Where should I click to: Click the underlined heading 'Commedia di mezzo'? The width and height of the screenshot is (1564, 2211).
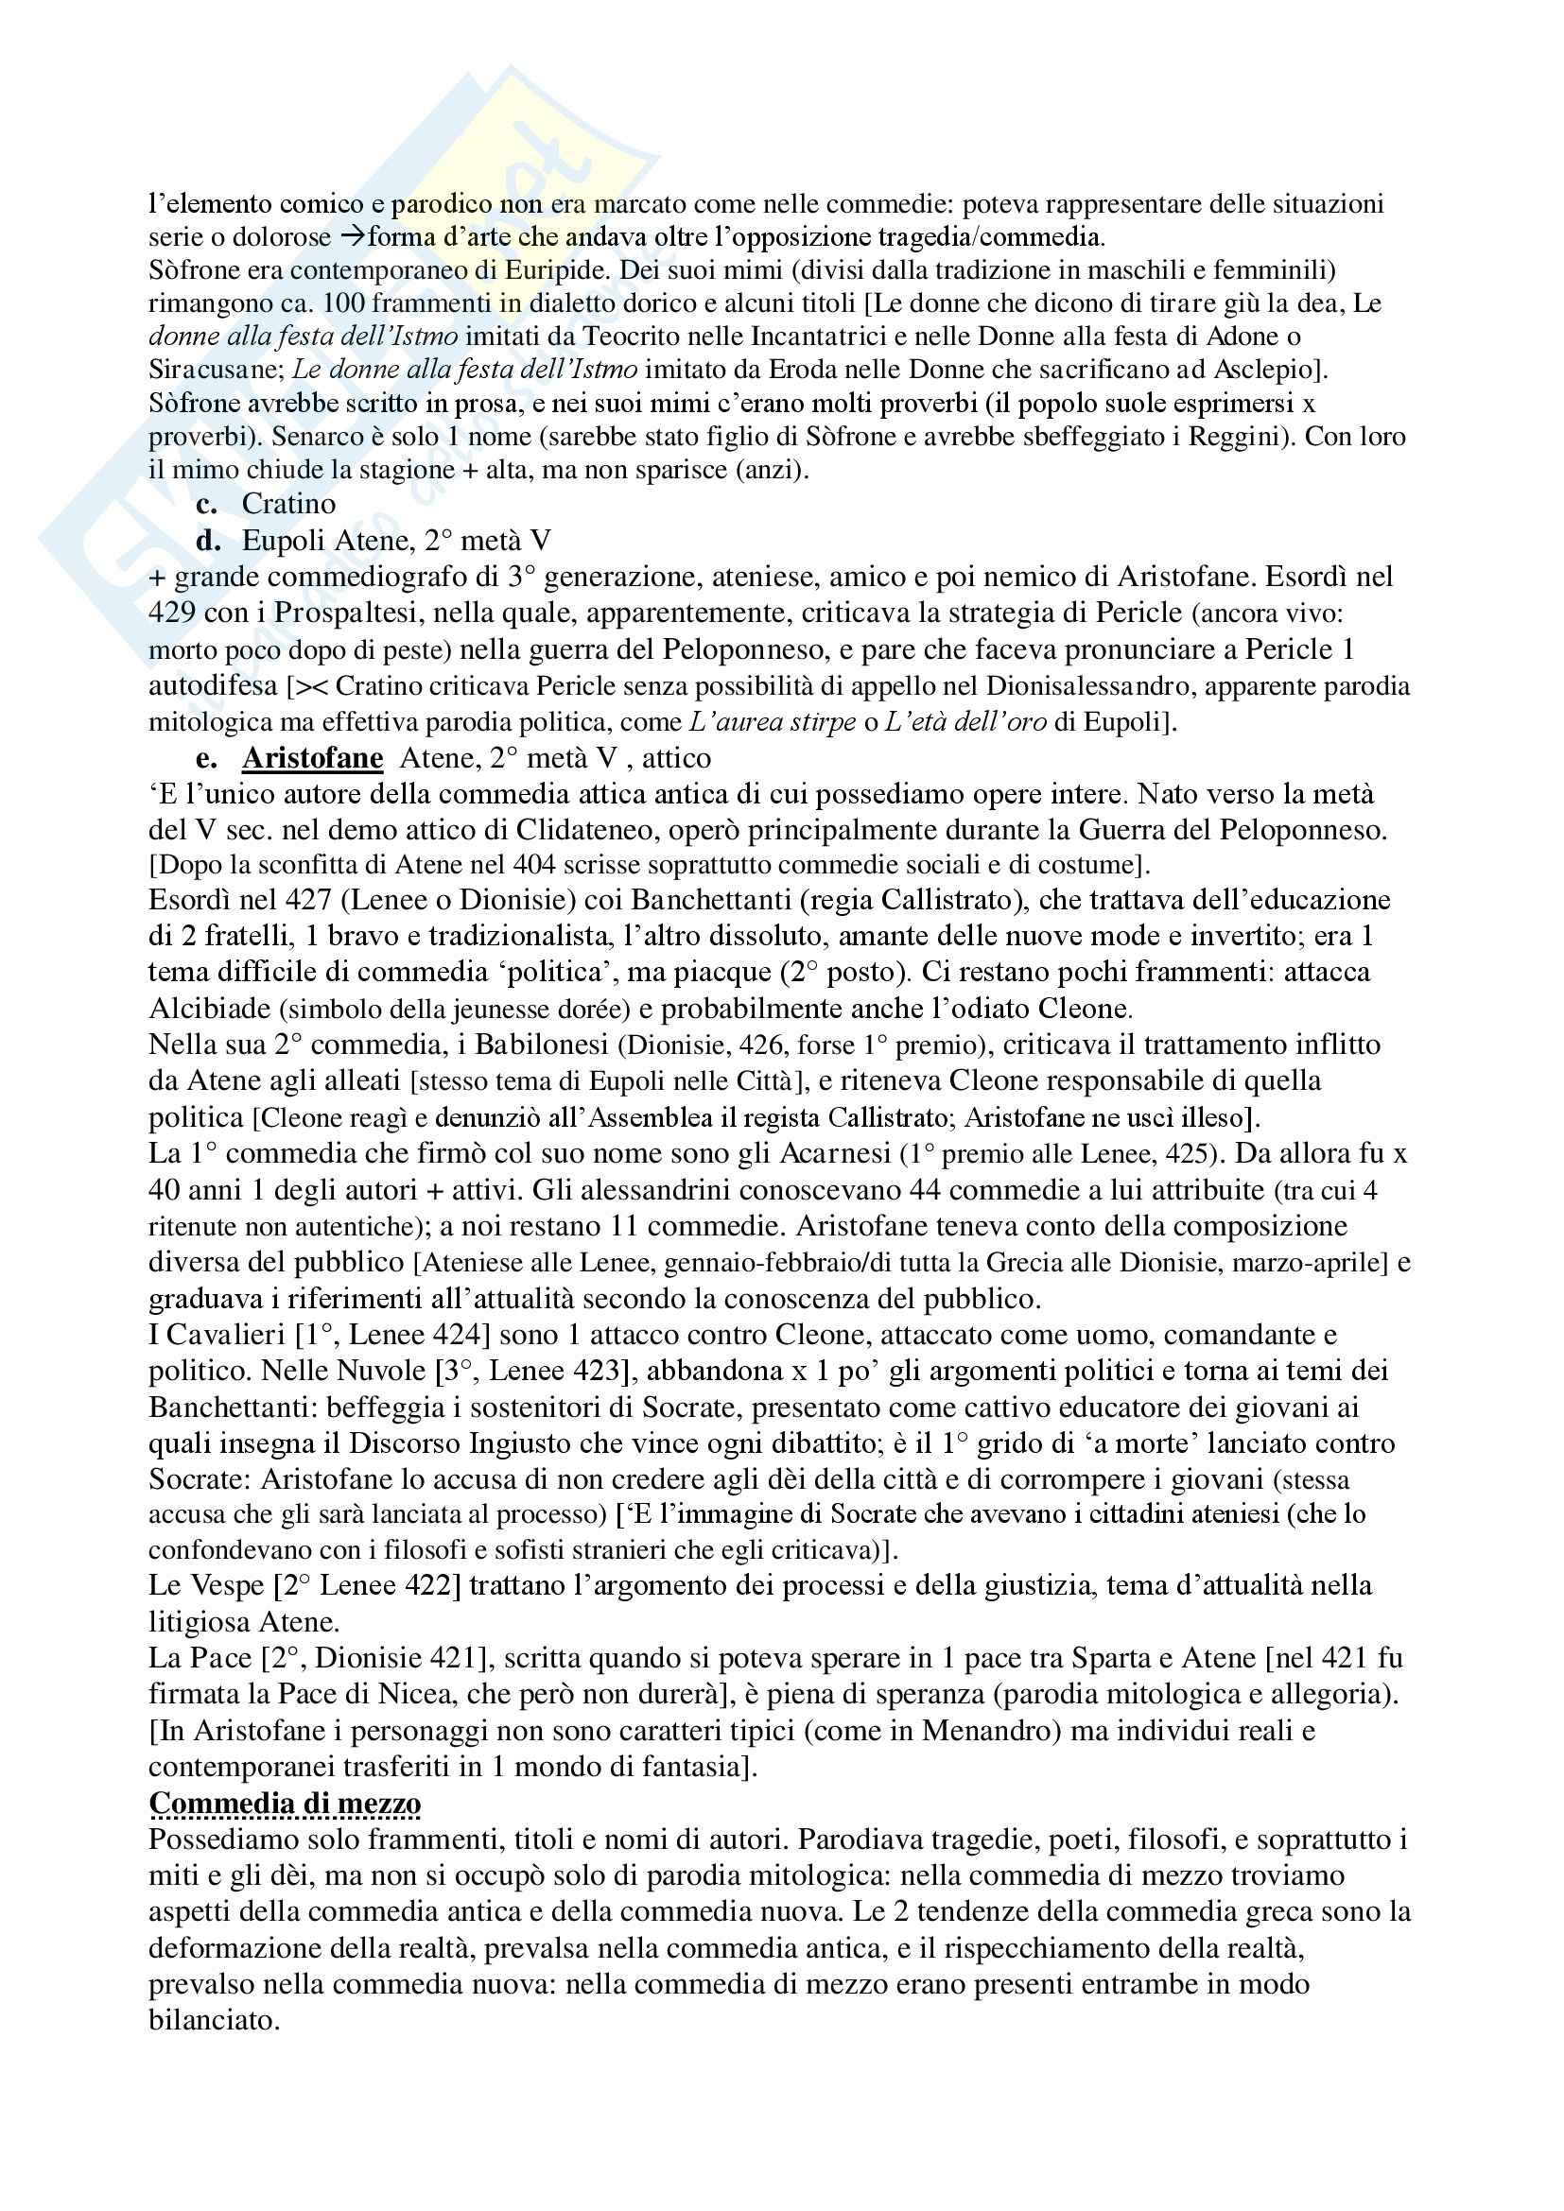pyautogui.click(x=285, y=1803)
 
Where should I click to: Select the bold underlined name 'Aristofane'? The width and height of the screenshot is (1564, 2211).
pyautogui.click(x=312, y=758)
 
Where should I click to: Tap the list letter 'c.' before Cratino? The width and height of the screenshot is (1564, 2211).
pyautogui.click(x=206, y=504)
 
